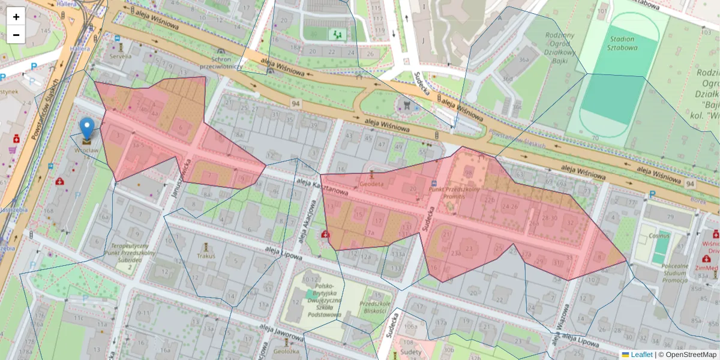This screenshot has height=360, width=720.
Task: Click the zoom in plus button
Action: [x=16, y=16]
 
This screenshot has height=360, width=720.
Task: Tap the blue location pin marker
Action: [x=87, y=129]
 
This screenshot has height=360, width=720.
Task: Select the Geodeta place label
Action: [x=372, y=185]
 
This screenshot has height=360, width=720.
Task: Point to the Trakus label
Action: [x=206, y=256]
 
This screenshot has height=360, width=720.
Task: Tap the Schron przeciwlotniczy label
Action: [x=221, y=63]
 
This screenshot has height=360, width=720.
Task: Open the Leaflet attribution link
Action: [x=641, y=355]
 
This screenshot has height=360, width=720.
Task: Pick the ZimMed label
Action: [x=706, y=267]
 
